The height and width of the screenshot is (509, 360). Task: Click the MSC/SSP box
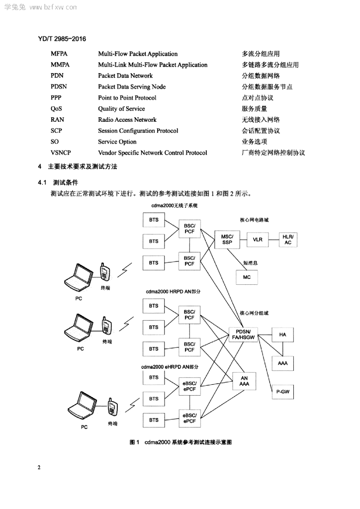pyautogui.click(x=227, y=240)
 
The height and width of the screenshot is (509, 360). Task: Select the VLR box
pyautogui.click(x=258, y=240)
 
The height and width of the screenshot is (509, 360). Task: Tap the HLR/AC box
pyautogui.click(x=288, y=240)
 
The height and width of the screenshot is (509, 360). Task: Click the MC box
pyautogui.click(x=247, y=277)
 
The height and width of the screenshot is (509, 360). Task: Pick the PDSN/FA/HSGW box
pyautogui.click(x=244, y=335)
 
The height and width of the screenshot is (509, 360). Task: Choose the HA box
pyautogui.click(x=283, y=335)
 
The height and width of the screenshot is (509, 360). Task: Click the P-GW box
pyautogui.click(x=283, y=392)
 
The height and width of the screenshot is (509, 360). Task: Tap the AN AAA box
pyautogui.click(x=244, y=381)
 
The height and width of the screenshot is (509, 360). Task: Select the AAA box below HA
pyautogui.click(x=283, y=363)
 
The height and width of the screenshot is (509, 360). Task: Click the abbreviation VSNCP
pyautogui.click(x=61, y=153)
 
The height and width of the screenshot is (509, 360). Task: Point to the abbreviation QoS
pyautogui.click(x=56, y=109)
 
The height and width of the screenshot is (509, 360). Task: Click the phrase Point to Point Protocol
pyautogui.click(x=127, y=98)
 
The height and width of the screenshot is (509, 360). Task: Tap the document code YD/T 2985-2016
pyautogui.click(x=62, y=39)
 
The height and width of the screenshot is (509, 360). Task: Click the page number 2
pyautogui.click(x=39, y=467)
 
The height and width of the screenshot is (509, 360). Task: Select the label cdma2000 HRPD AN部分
pyautogui.click(x=173, y=291)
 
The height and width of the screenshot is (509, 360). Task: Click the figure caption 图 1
pyautogui.click(x=134, y=442)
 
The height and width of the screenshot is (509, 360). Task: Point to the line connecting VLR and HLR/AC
pyautogui.click(x=273, y=240)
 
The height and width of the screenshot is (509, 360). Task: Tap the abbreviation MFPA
pyautogui.click(x=59, y=54)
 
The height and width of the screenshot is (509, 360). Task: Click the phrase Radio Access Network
pyautogui.click(x=127, y=120)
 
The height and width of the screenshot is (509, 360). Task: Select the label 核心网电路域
pyautogui.click(x=254, y=220)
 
